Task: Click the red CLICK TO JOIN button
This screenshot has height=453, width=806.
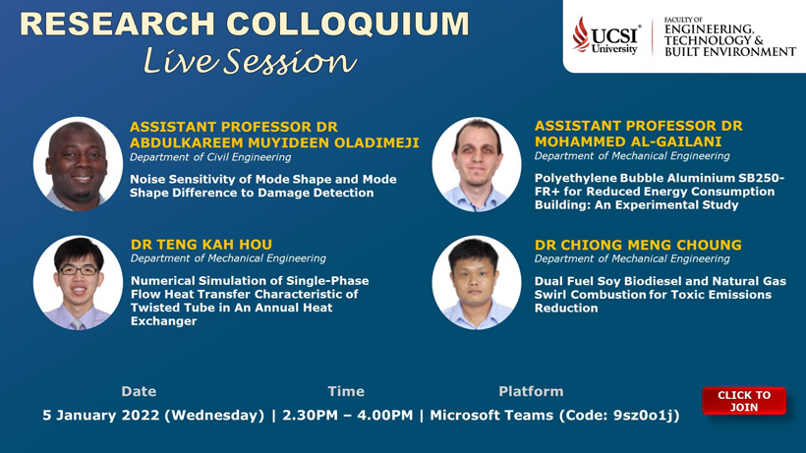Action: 744,401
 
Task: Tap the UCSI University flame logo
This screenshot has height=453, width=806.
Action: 581,34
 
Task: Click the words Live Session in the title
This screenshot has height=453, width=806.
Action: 250,61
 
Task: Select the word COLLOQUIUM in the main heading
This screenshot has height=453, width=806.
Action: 348,25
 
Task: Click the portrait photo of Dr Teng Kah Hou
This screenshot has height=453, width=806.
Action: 78,282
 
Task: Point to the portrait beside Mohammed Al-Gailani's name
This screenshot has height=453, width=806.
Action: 477,164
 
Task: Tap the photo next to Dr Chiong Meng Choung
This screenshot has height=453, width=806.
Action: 477,282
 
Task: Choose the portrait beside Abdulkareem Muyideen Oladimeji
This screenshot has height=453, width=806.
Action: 78,164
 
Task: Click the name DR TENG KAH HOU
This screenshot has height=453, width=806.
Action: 201,245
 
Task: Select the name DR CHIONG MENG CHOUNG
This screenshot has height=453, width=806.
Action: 638,245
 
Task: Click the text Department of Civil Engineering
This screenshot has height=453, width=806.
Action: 210,157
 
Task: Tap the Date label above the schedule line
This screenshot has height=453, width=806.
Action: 139,391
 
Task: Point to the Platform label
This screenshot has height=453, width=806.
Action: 531,391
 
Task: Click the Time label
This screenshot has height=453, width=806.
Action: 346,391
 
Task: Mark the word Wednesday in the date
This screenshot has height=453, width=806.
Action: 214,415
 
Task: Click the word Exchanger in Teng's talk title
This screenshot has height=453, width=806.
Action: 163,321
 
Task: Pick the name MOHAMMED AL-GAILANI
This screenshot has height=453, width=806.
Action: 628,142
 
